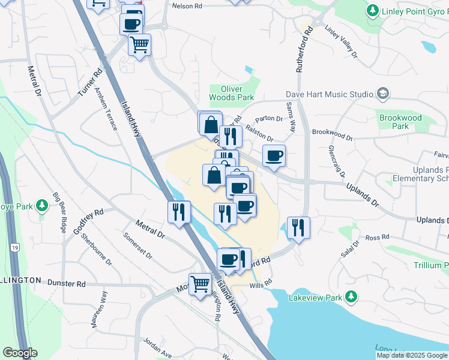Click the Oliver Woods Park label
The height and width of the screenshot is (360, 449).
tap(232, 92)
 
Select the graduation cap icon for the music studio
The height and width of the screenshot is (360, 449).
tap(382, 94)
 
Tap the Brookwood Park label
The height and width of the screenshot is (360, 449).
tap(400, 122)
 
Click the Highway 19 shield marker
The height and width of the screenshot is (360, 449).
tap(14, 247)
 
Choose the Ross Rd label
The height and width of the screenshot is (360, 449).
tap(377, 238)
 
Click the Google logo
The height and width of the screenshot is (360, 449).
tap(20, 353)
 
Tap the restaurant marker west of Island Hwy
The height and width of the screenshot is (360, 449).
tap(179, 212)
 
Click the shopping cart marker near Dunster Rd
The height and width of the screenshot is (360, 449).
tap(200, 284)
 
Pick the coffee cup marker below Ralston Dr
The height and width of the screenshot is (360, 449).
tap(274, 155)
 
